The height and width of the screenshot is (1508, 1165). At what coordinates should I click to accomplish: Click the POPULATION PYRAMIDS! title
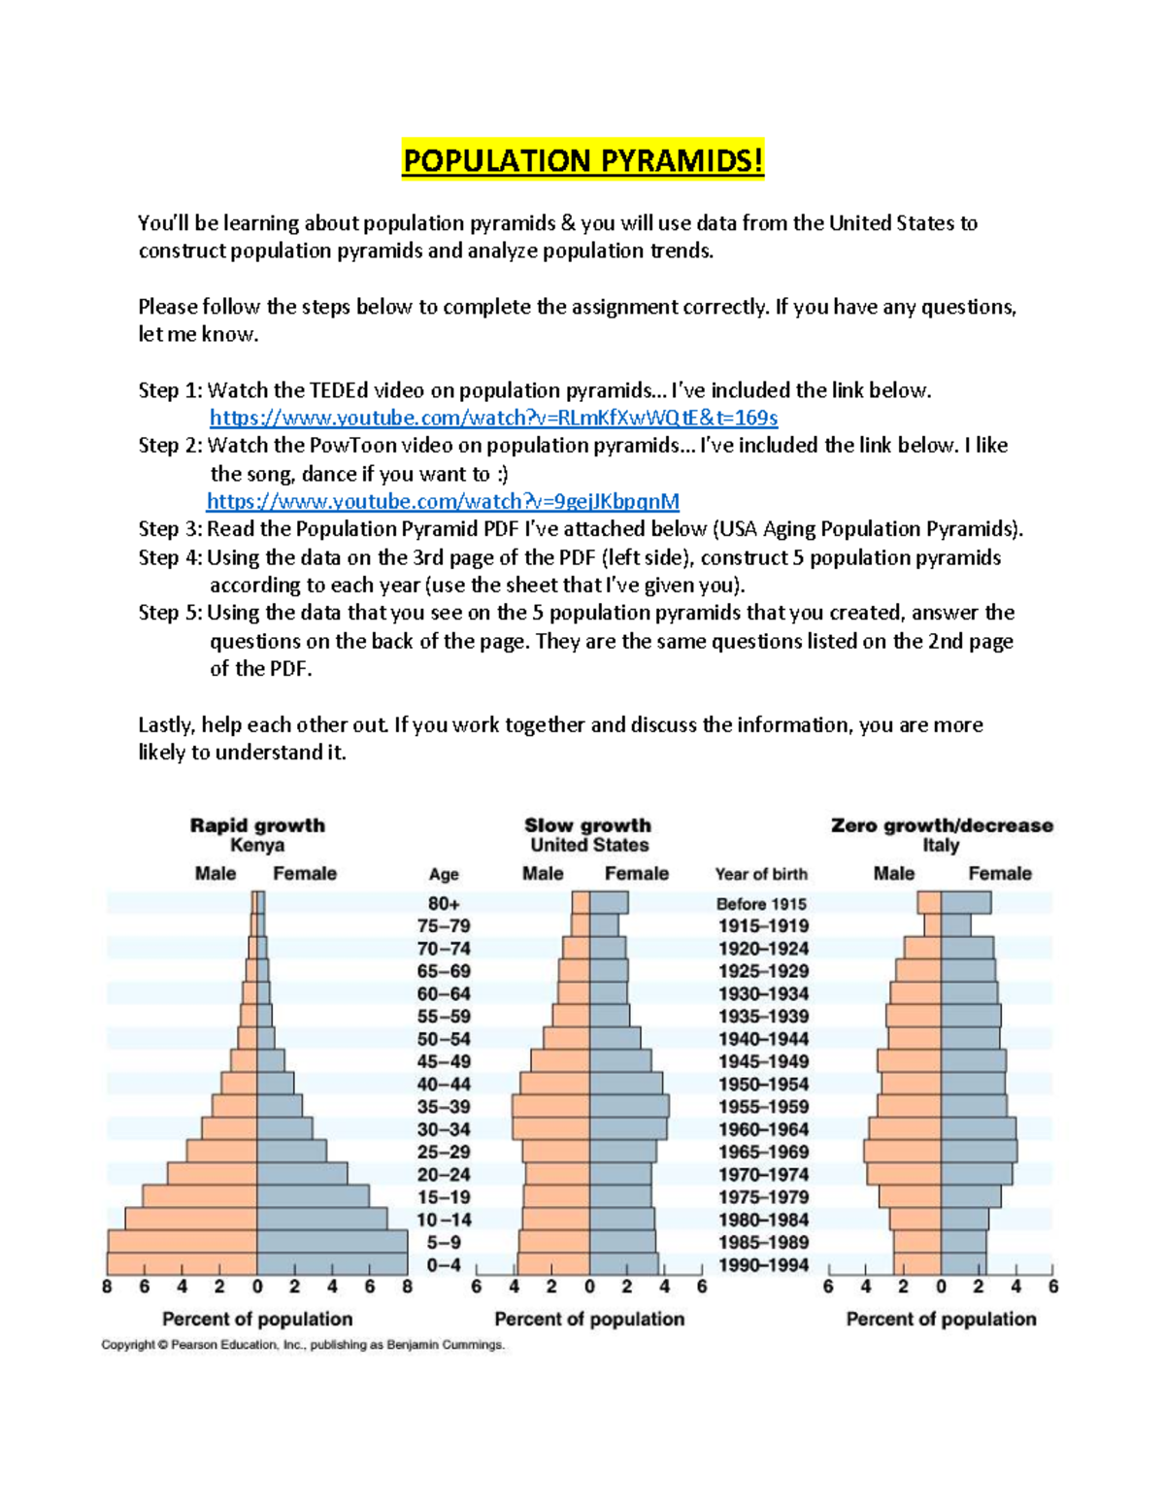[x=582, y=160]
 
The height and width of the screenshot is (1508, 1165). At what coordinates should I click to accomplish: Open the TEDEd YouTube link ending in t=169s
[x=493, y=418]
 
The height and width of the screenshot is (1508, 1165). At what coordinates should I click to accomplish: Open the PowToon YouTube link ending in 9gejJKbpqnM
[x=443, y=501]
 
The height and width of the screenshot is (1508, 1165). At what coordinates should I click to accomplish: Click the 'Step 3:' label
[x=170, y=529]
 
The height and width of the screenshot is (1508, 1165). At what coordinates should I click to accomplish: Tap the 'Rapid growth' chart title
[x=257, y=825]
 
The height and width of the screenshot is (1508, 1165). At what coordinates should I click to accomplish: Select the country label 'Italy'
[x=940, y=845]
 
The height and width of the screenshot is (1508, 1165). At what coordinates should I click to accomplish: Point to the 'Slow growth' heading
[x=587, y=825]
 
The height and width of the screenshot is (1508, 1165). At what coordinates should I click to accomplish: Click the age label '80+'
[x=444, y=903]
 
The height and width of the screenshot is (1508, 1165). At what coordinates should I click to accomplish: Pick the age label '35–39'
[x=444, y=1107]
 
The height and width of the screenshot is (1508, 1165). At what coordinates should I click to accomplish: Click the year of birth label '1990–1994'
[x=763, y=1265]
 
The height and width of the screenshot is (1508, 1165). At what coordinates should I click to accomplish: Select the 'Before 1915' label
[x=761, y=903]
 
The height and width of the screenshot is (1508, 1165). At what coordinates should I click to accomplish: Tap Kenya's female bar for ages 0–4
[x=332, y=1264]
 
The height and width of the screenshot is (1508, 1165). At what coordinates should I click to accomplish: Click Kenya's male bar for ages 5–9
[x=183, y=1242]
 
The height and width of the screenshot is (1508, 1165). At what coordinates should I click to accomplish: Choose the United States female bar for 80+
[x=609, y=903]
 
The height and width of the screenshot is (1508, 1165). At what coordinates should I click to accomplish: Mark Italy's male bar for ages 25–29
[x=902, y=1152]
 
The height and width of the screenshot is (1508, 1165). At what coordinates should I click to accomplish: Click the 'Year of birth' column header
[x=761, y=874]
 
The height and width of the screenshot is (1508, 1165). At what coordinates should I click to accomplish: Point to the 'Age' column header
[x=444, y=874]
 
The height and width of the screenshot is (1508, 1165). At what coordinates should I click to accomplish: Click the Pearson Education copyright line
[x=303, y=1345]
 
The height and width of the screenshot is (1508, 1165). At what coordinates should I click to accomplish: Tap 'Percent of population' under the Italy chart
[x=941, y=1319]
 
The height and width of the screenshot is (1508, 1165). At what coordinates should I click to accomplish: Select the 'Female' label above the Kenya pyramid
[x=304, y=873]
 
